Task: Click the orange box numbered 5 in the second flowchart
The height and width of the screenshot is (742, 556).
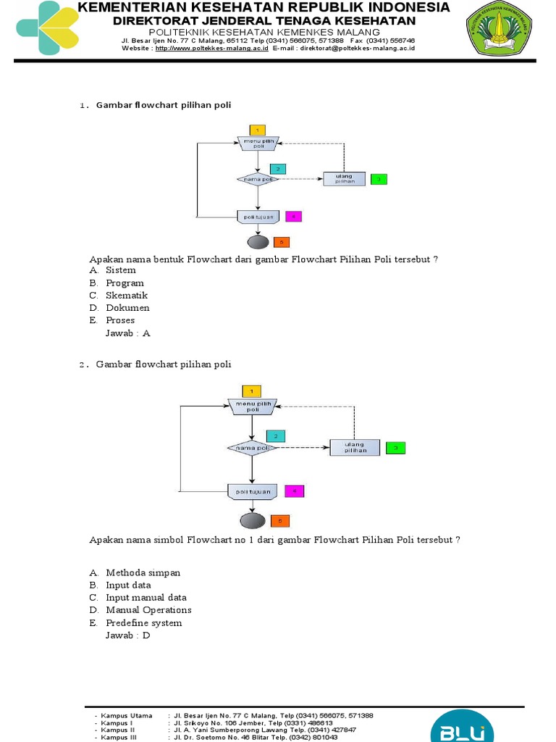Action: tap(280, 520)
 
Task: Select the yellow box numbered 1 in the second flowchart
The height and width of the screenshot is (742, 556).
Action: tap(250, 391)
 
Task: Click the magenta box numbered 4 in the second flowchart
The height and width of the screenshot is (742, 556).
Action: tap(295, 491)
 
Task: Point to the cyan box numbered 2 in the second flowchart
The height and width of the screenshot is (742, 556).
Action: tap(275, 435)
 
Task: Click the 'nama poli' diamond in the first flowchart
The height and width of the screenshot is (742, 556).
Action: tap(257, 179)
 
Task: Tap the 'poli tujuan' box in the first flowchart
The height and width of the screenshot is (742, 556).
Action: tap(258, 216)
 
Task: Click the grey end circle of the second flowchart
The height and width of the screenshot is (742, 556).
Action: tap(251, 520)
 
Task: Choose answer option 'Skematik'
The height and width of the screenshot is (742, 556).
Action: tap(127, 296)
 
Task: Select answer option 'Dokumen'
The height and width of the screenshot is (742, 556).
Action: tap(127, 308)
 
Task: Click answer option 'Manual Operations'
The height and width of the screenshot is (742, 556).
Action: tap(148, 610)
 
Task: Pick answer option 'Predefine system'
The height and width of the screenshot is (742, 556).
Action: tap(143, 623)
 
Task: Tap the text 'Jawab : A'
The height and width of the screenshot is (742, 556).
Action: tap(127, 333)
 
